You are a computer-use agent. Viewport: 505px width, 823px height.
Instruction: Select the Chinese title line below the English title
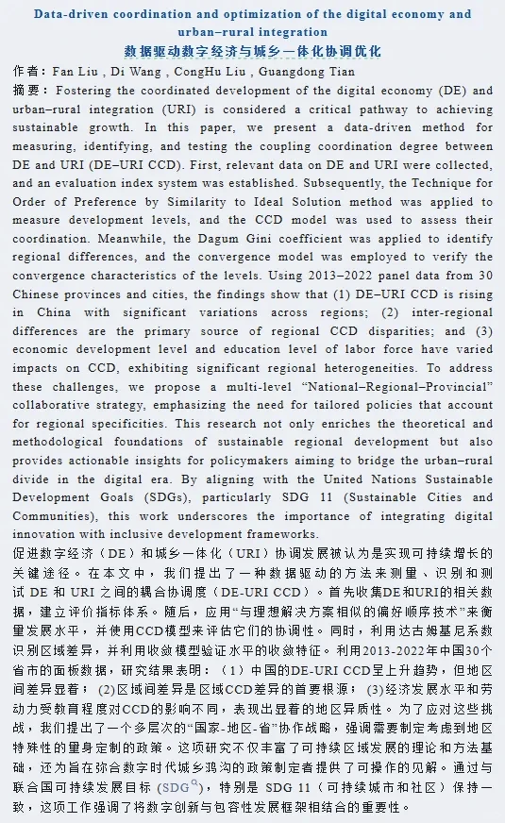(x=252, y=51)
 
